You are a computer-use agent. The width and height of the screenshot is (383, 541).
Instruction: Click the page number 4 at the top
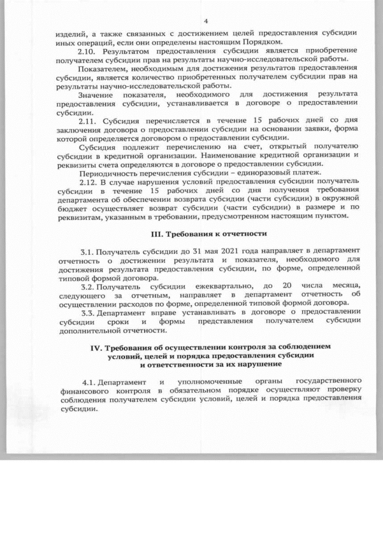[x=205, y=20]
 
